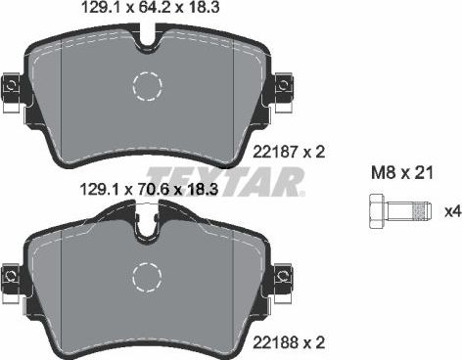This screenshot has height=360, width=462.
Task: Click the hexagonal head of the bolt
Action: click(x=379, y=210)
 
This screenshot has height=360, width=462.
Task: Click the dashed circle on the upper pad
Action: click(x=148, y=88)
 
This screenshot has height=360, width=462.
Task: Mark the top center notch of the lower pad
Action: click(x=148, y=228)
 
